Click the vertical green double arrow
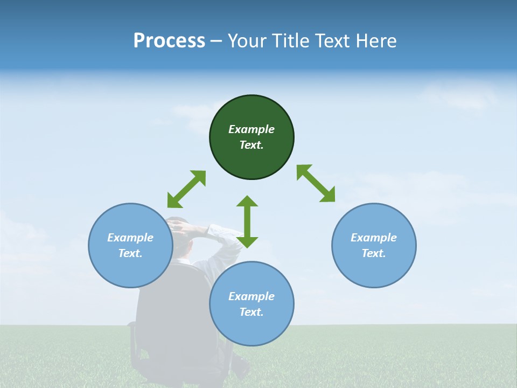point(247,221)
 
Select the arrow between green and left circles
point(186,189)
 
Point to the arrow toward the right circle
point(316,184)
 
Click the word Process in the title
point(169,40)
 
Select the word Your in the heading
point(248,40)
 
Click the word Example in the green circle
point(251,129)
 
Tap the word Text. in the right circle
point(374,253)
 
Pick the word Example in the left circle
point(130,238)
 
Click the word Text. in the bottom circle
point(251,312)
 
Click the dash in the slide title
point(216,41)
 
